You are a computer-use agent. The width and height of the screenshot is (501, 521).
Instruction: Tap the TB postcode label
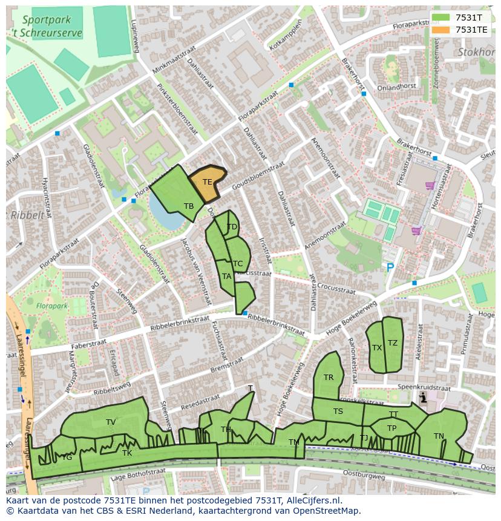[189, 206]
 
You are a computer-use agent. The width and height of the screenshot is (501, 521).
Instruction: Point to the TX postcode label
[377, 348]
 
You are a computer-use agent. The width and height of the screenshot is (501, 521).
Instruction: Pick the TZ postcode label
[393, 343]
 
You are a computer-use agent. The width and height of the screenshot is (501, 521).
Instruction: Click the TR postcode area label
[329, 378]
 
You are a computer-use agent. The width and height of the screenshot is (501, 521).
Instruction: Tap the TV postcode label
[111, 422]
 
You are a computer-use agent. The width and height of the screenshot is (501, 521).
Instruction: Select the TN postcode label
[439, 436]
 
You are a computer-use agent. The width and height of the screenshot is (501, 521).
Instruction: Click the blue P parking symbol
[390, 267]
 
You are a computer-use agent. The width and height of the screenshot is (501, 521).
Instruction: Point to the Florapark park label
[51, 306]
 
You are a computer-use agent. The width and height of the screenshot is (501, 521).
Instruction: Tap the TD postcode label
[232, 227]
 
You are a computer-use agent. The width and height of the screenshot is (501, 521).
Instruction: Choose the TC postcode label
[238, 264]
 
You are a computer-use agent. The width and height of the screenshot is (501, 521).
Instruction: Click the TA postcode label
[226, 277]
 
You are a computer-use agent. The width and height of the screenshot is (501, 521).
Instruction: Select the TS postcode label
[338, 411]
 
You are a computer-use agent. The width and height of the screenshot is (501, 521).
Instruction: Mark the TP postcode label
[391, 428]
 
